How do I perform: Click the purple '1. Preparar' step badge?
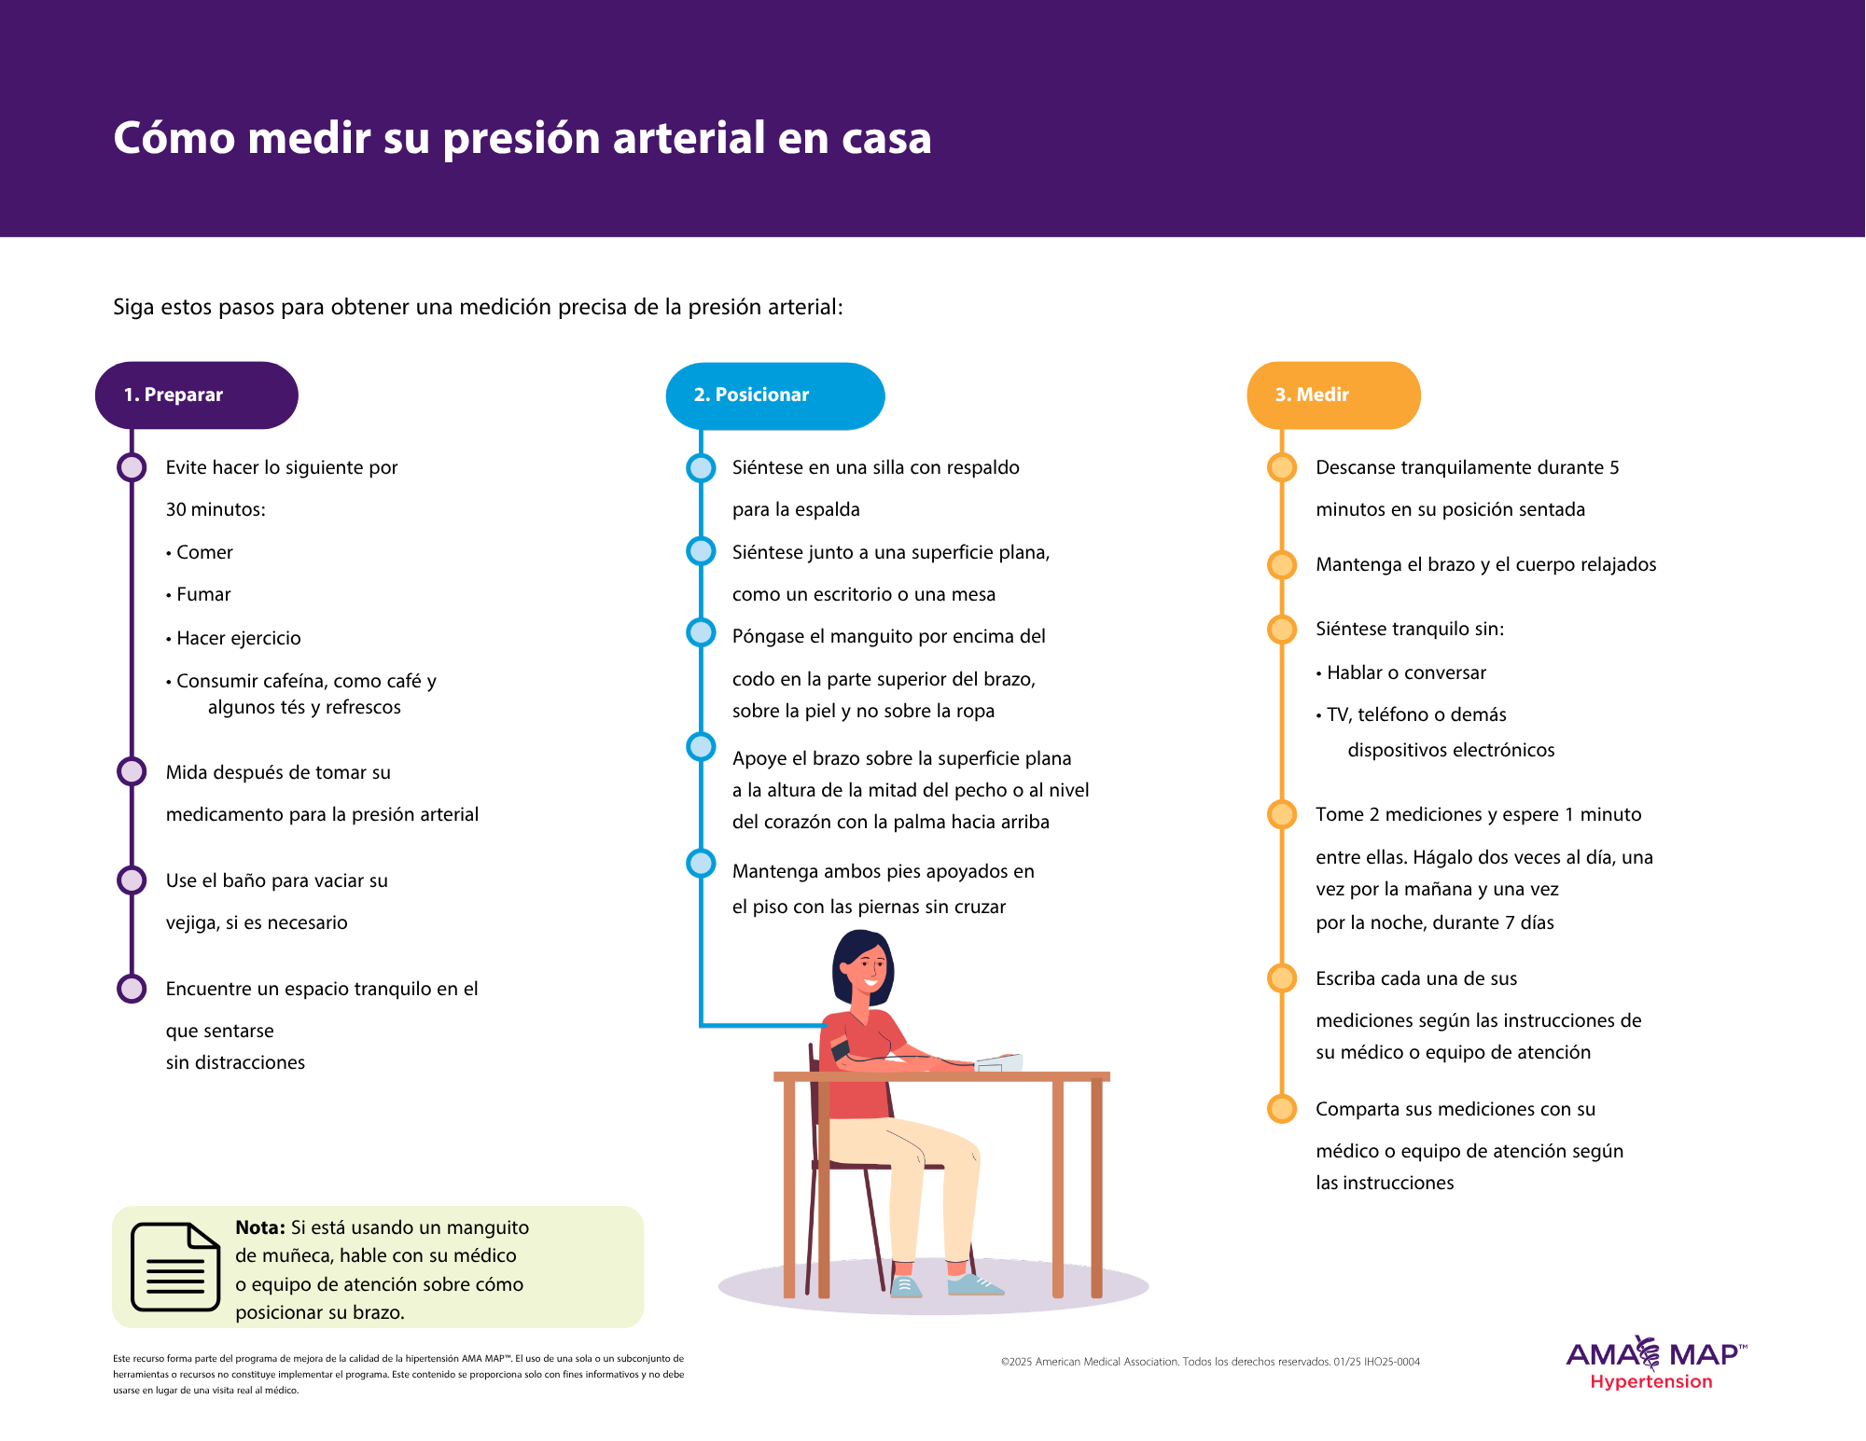click(197, 395)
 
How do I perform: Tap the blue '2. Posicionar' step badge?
click(775, 395)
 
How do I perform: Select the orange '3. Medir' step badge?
click(1334, 395)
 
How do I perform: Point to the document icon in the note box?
click(175, 1266)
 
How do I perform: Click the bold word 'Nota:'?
click(260, 1227)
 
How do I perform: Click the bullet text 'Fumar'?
click(203, 594)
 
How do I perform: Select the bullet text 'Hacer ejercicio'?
click(239, 638)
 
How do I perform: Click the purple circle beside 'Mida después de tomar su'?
click(132, 771)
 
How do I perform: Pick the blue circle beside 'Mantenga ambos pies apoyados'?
click(701, 863)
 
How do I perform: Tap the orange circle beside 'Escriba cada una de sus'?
click(1282, 977)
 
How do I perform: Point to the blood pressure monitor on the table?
click(999, 1062)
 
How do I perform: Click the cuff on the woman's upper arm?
click(840, 1049)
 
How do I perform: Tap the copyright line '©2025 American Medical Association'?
click(1210, 1362)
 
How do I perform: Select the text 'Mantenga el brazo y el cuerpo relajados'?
click(1486, 564)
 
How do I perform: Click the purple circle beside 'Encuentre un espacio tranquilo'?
click(132, 989)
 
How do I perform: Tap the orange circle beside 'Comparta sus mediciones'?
click(1282, 1108)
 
